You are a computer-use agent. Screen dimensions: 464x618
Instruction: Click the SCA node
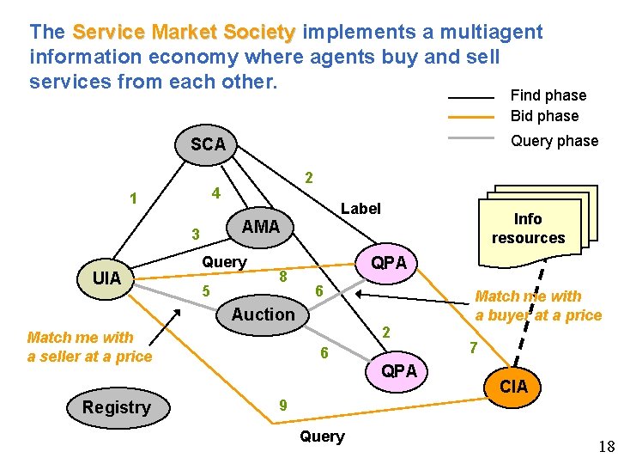click(x=209, y=144)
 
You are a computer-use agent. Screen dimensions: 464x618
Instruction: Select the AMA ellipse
click(x=261, y=227)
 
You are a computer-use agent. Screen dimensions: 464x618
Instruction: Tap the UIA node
click(x=106, y=278)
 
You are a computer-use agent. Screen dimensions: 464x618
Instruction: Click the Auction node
click(x=263, y=314)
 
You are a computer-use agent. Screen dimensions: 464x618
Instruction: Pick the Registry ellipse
click(x=117, y=407)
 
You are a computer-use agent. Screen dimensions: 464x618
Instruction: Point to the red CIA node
click(x=513, y=388)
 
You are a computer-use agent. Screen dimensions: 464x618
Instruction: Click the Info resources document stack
click(x=528, y=227)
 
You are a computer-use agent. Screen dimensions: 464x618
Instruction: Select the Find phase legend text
click(x=548, y=95)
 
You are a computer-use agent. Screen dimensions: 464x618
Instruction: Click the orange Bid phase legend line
click(x=471, y=116)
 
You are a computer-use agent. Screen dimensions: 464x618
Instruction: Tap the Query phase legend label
click(x=554, y=141)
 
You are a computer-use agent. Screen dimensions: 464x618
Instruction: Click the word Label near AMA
click(x=360, y=208)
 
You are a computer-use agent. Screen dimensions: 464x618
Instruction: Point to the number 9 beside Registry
click(x=283, y=406)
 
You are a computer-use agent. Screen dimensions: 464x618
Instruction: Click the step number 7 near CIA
click(x=471, y=348)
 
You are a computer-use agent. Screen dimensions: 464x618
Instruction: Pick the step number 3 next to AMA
click(x=196, y=235)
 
